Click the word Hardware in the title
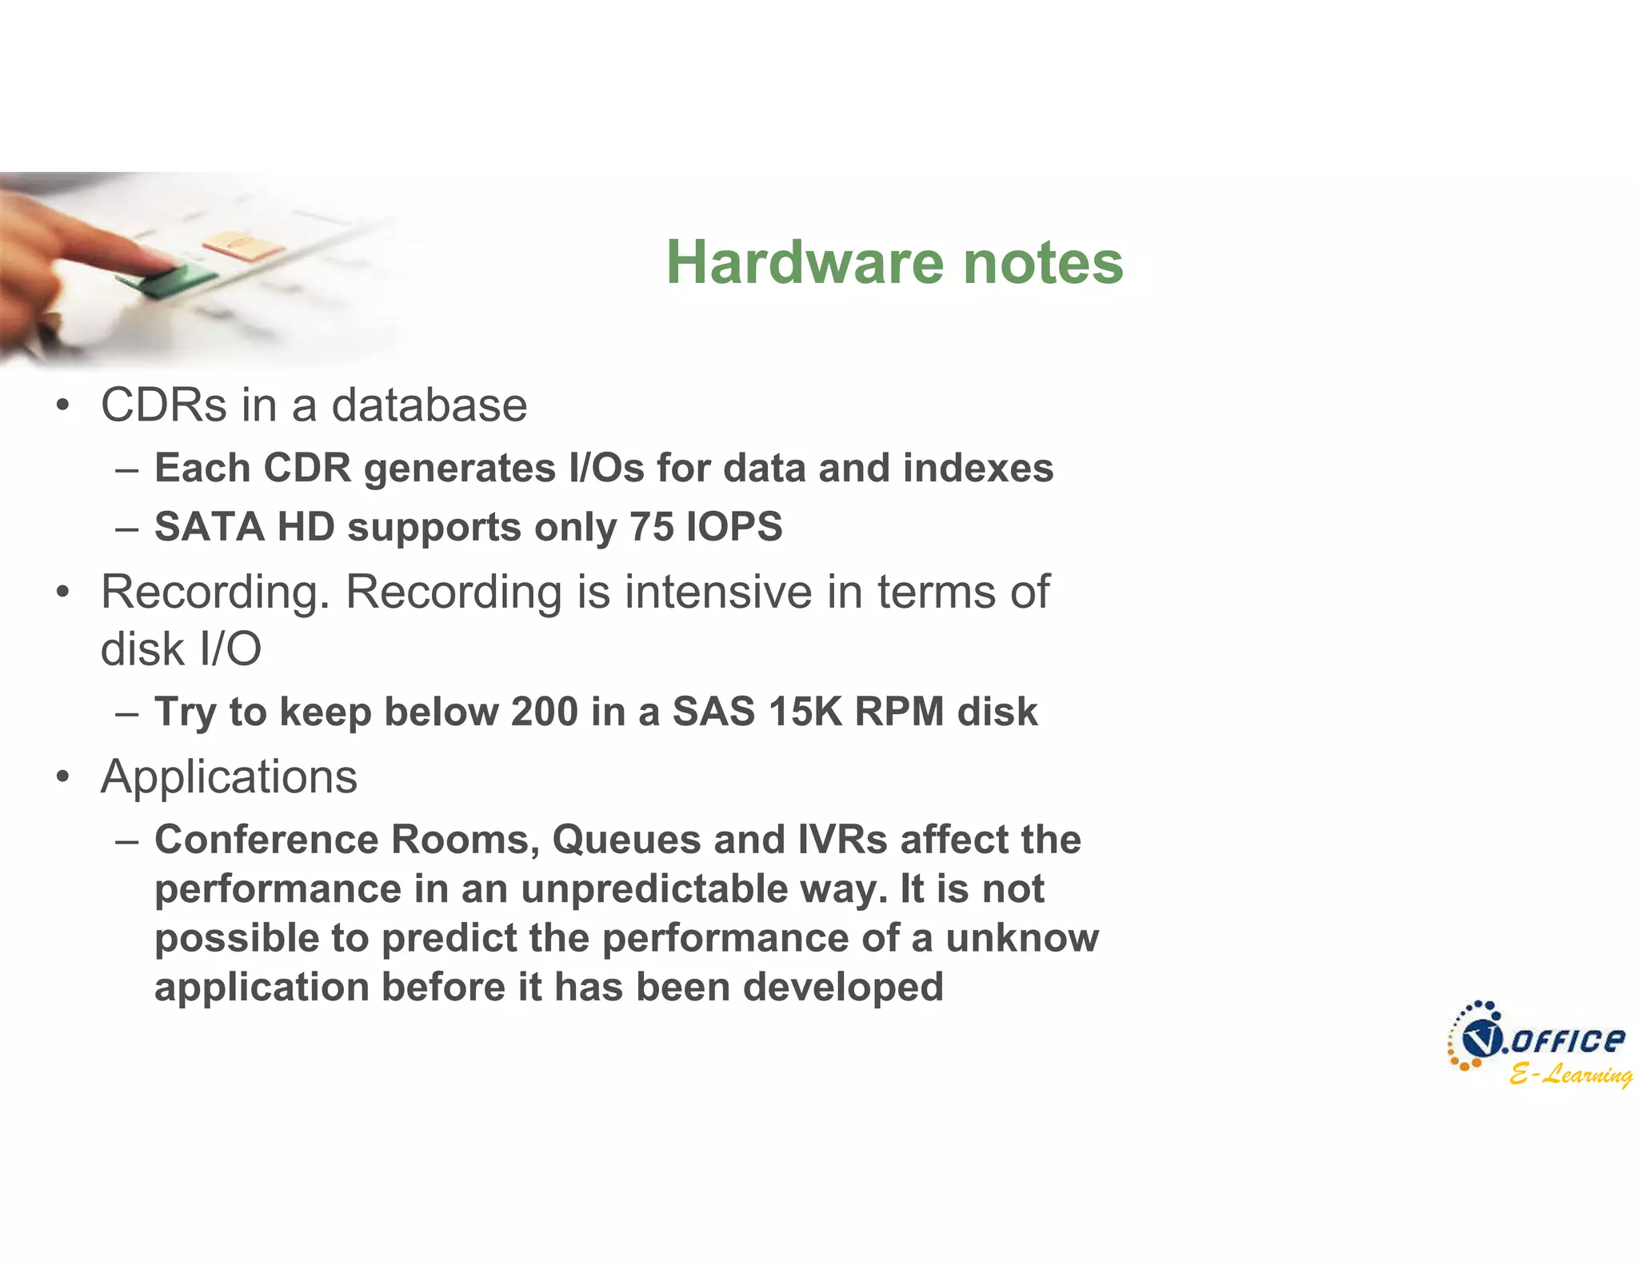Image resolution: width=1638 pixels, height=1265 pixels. [805, 262]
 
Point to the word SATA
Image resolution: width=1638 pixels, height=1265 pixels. [209, 527]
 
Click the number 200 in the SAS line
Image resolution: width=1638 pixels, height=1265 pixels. [544, 711]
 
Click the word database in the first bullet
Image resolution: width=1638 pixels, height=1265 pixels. [429, 405]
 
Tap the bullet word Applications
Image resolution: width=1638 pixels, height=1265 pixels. [229, 776]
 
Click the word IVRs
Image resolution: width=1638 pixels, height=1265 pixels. [842, 840]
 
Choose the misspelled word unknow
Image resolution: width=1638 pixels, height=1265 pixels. [1021, 938]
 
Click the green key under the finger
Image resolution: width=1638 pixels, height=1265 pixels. [168, 280]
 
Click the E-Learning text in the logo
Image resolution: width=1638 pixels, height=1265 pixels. [1569, 1073]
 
